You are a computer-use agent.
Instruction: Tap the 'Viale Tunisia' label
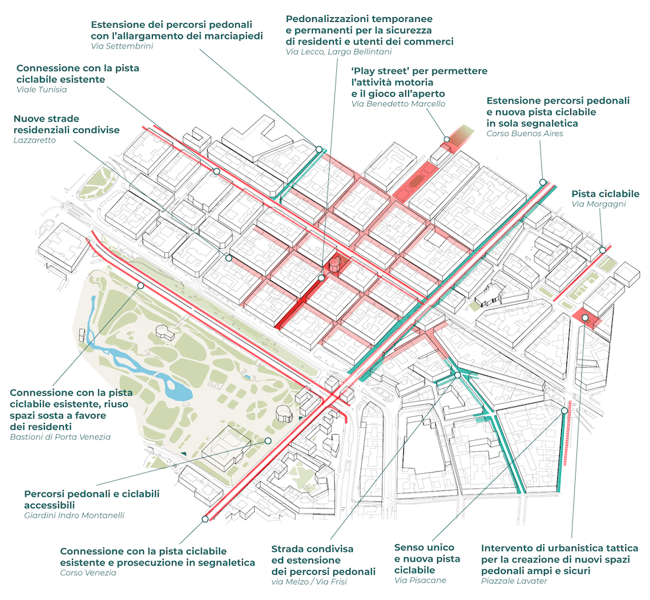41,90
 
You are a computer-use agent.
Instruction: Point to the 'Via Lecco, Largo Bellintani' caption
338,52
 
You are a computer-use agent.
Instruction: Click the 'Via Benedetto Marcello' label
398,104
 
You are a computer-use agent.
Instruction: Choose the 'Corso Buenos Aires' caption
525,133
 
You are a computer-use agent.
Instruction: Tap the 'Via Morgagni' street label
598,204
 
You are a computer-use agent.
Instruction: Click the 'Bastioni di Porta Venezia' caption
60,437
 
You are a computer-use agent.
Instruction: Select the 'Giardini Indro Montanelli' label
74,515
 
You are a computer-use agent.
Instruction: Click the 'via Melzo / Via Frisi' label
309,582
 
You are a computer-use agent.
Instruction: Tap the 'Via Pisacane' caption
420,580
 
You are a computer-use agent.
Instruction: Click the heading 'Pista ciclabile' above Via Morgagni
605,193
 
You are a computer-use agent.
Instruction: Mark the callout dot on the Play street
447,139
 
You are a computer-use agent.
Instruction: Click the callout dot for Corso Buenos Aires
543,181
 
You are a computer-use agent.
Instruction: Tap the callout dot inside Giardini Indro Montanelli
268,440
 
